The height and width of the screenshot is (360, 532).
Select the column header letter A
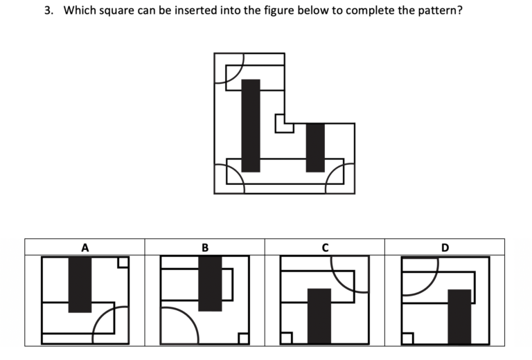click(85, 246)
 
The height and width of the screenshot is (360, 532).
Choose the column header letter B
click(205, 246)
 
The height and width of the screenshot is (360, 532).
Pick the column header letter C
click(325, 246)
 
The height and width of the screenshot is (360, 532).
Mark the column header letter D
click(445, 246)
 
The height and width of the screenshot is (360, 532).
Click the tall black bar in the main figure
click(251, 125)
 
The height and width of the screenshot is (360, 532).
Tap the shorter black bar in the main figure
click(315, 147)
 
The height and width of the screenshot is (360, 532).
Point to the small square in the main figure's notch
click(283, 123)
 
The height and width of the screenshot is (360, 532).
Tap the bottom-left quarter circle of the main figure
click(229, 179)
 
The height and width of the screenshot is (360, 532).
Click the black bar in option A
click(80, 284)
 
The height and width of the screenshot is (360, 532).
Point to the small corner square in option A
click(123, 262)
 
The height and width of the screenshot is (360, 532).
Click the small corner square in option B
click(243, 339)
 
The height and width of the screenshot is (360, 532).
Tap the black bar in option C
click(319, 316)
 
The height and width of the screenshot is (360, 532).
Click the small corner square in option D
click(407, 339)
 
